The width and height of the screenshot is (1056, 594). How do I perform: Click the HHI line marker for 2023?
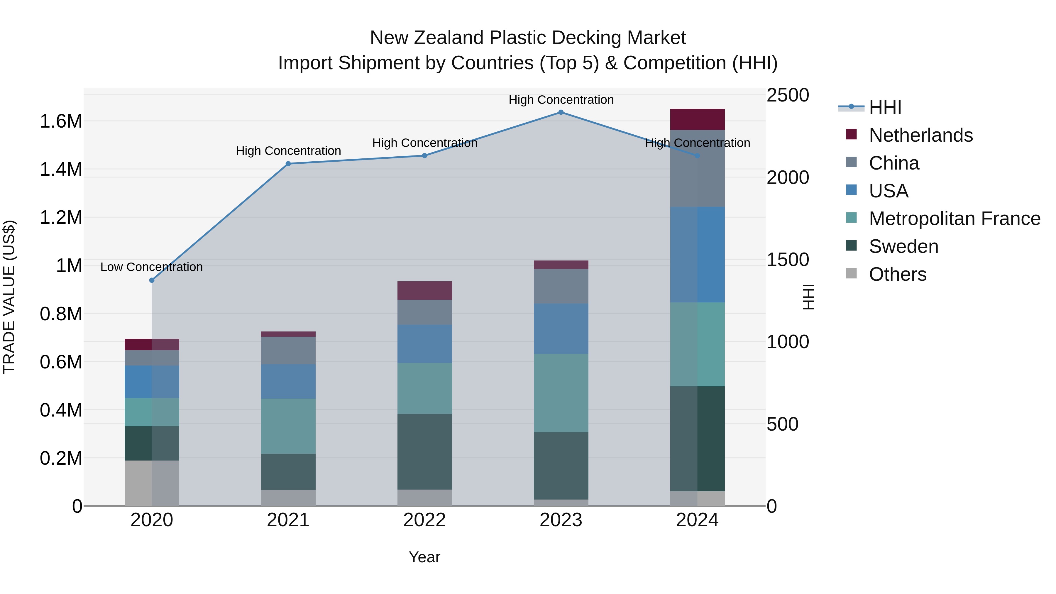tap(561, 112)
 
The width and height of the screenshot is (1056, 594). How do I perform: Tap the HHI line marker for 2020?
tap(152, 280)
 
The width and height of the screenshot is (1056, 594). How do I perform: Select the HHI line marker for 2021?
tap(288, 164)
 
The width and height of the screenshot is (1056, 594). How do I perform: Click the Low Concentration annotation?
tap(152, 267)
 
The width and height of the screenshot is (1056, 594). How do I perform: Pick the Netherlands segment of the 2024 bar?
tap(697, 120)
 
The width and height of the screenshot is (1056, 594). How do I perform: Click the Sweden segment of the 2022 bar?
tap(425, 452)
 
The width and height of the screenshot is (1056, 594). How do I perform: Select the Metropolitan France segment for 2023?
tap(561, 393)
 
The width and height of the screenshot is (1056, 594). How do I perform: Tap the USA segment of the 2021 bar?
tap(288, 382)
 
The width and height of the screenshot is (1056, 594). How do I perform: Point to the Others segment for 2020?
tap(152, 483)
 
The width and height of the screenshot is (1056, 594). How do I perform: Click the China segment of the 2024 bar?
tap(697, 168)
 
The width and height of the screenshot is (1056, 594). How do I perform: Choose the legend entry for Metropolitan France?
tap(954, 219)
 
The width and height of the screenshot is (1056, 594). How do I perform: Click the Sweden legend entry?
tap(903, 247)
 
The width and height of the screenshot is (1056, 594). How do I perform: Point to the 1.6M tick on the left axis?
tap(61, 122)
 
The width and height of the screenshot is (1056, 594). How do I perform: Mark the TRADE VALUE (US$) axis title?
tap(9, 297)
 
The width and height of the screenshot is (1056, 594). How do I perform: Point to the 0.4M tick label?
tap(61, 410)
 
